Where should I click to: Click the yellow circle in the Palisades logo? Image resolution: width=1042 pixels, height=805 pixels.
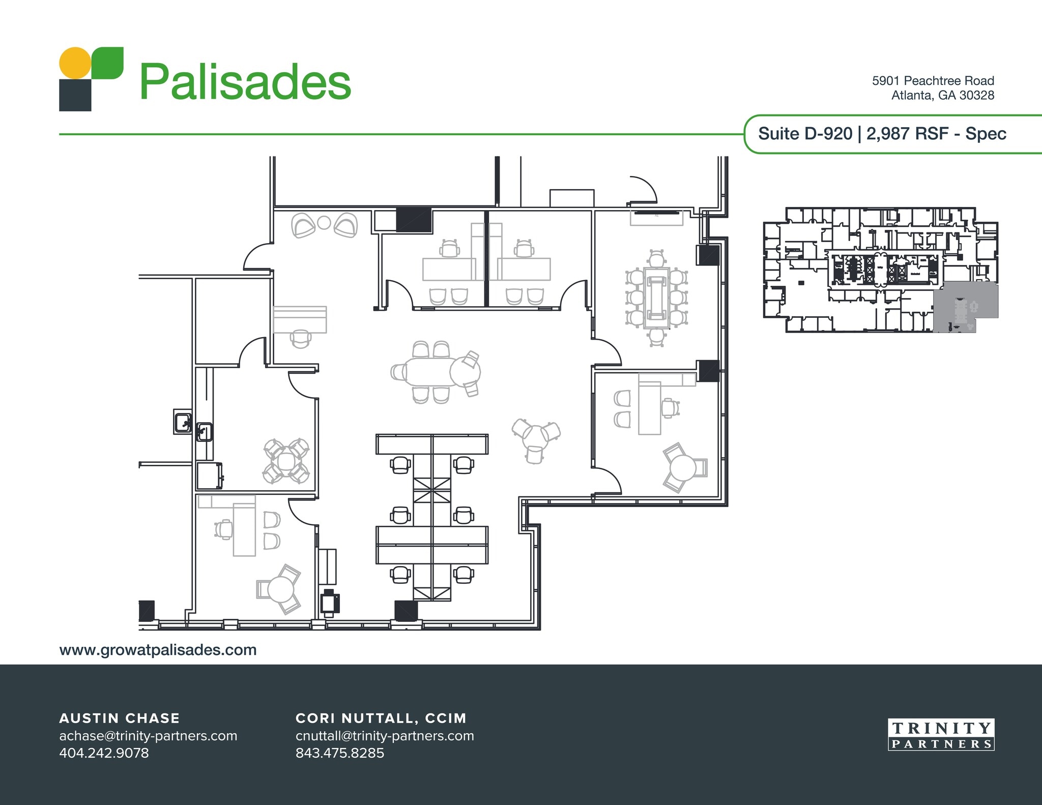(75, 63)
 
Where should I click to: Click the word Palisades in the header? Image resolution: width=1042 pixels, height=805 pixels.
(245, 82)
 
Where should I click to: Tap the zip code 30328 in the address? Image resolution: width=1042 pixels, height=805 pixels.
(976, 95)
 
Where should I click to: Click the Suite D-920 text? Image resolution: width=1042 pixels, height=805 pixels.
(805, 134)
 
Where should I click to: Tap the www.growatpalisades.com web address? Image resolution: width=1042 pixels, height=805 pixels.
(158, 650)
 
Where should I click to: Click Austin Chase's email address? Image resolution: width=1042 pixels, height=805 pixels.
(148, 736)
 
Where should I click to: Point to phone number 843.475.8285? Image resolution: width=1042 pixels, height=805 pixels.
(339, 753)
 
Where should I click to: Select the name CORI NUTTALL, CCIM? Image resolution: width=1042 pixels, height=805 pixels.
(381, 718)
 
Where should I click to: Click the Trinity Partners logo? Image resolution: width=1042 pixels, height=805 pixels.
(941, 735)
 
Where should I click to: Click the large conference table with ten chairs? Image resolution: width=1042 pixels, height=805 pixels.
(656, 297)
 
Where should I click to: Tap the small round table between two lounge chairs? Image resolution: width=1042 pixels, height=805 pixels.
(324, 223)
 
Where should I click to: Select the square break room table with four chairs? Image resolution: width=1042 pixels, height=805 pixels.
(285, 461)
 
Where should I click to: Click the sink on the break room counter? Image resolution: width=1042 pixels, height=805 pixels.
(205, 432)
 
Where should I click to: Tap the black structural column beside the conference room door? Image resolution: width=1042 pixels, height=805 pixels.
(708, 371)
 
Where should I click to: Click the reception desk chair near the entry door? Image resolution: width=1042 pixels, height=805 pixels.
(300, 338)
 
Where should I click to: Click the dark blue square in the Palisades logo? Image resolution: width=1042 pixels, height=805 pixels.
(75, 95)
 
